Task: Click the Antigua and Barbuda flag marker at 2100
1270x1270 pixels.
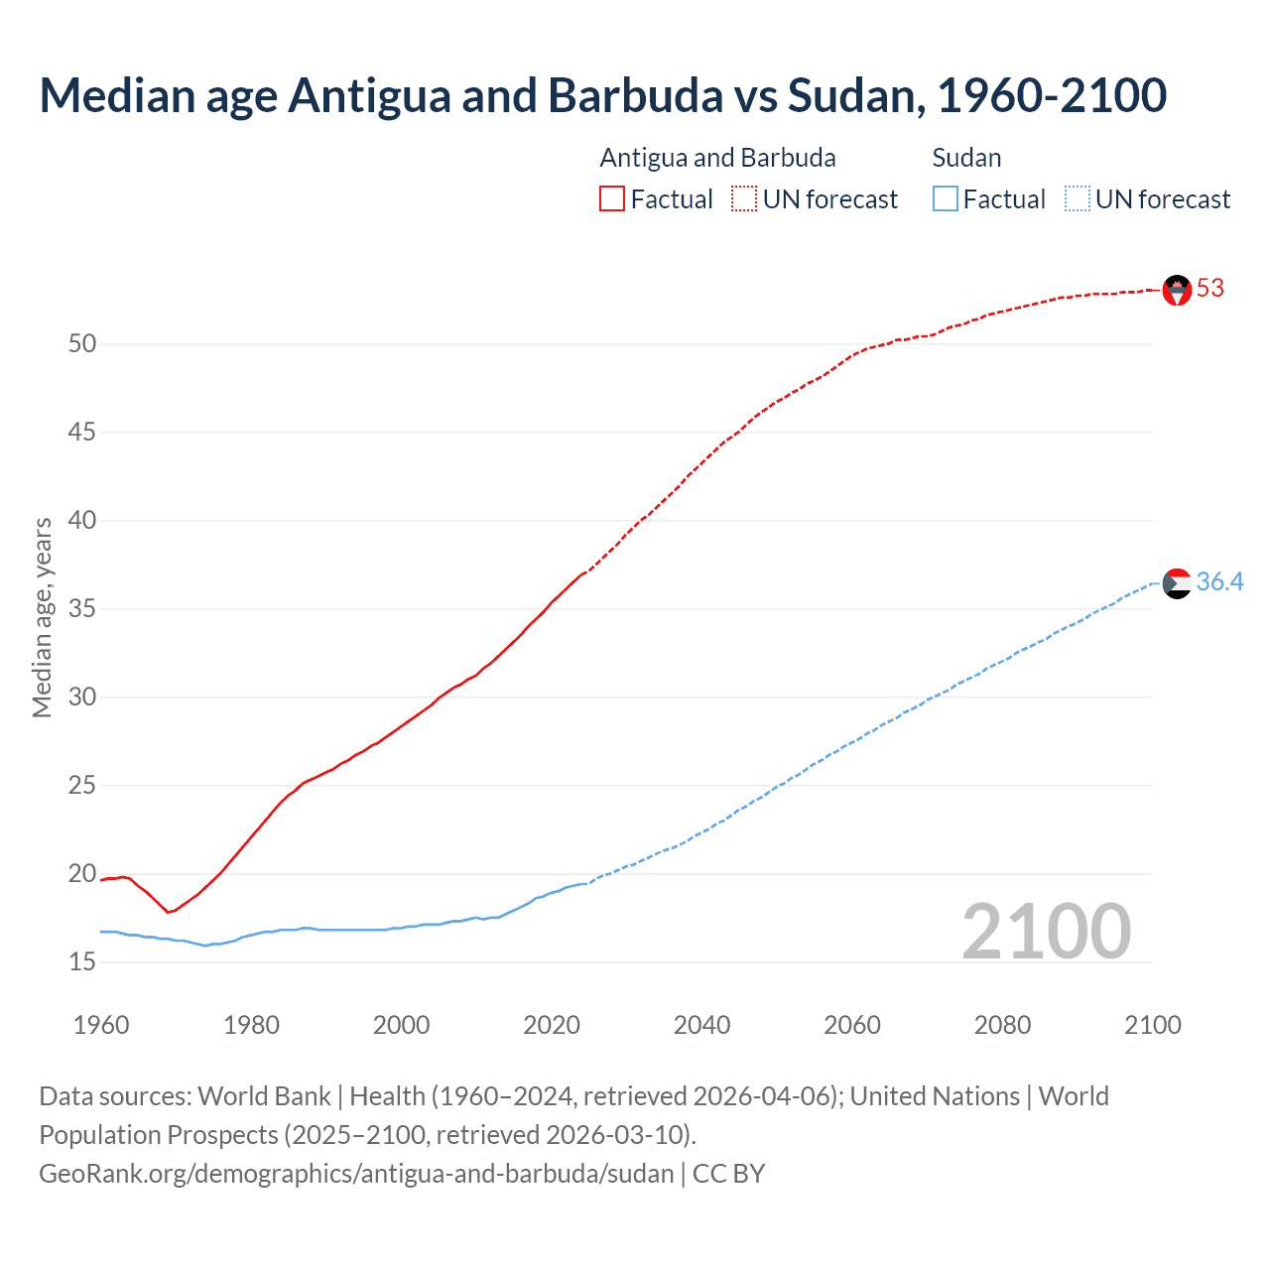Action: coord(1177,290)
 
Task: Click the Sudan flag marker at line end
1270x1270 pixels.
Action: coord(1177,583)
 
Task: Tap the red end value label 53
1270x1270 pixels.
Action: coord(1210,289)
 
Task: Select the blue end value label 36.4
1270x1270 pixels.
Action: coord(1219,582)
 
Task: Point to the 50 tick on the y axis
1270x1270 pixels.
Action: coord(82,344)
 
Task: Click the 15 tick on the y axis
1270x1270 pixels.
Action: coord(82,961)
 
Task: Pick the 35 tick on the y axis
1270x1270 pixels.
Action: coord(82,608)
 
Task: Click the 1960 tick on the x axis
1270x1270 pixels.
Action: coord(101,1025)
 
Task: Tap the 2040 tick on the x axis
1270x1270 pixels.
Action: coord(701,1025)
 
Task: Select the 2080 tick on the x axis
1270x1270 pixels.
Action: coord(1002,1025)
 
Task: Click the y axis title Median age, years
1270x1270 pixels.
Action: coord(42,617)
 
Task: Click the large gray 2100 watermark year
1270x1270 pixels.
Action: coord(1046,932)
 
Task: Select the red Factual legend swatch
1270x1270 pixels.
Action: coord(612,199)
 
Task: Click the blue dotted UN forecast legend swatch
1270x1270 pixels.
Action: coord(1078,199)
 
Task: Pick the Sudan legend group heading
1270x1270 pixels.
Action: coord(966,159)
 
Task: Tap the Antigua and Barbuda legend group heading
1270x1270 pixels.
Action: coord(717,159)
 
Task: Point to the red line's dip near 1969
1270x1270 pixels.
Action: coord(170,912)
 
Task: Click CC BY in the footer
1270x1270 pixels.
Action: coord(728,1174)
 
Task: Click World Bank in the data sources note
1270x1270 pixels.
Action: coord(264,1096)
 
